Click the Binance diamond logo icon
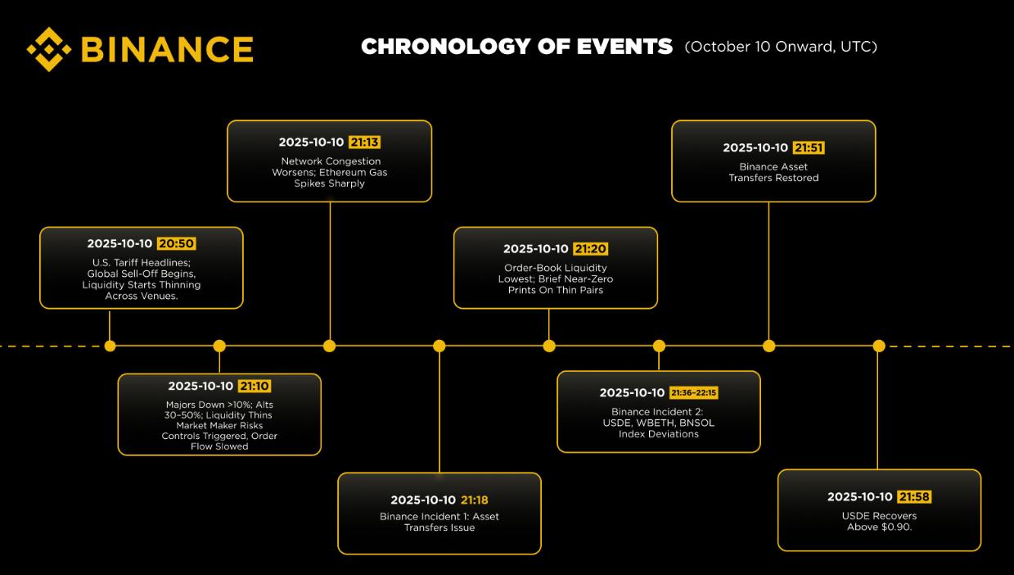click(49, 49)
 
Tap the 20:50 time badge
click(177, 244)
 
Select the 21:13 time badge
click(364, 143)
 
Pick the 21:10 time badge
click(255, 386)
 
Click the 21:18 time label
click(475, 500)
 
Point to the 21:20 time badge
click(590, 249)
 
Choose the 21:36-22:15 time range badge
click(693, 393)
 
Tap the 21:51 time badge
click(809, 147)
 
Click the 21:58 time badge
click(914, 497)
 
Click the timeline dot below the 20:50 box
click(110, 346)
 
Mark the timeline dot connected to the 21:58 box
click(879, 346)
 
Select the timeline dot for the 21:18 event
click(439, 346)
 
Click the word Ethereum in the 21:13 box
click(342, 172)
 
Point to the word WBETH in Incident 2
click(655, 423)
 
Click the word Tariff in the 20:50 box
click(127, 263)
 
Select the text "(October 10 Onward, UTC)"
click(781, 47)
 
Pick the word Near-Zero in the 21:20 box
click(588, 279)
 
